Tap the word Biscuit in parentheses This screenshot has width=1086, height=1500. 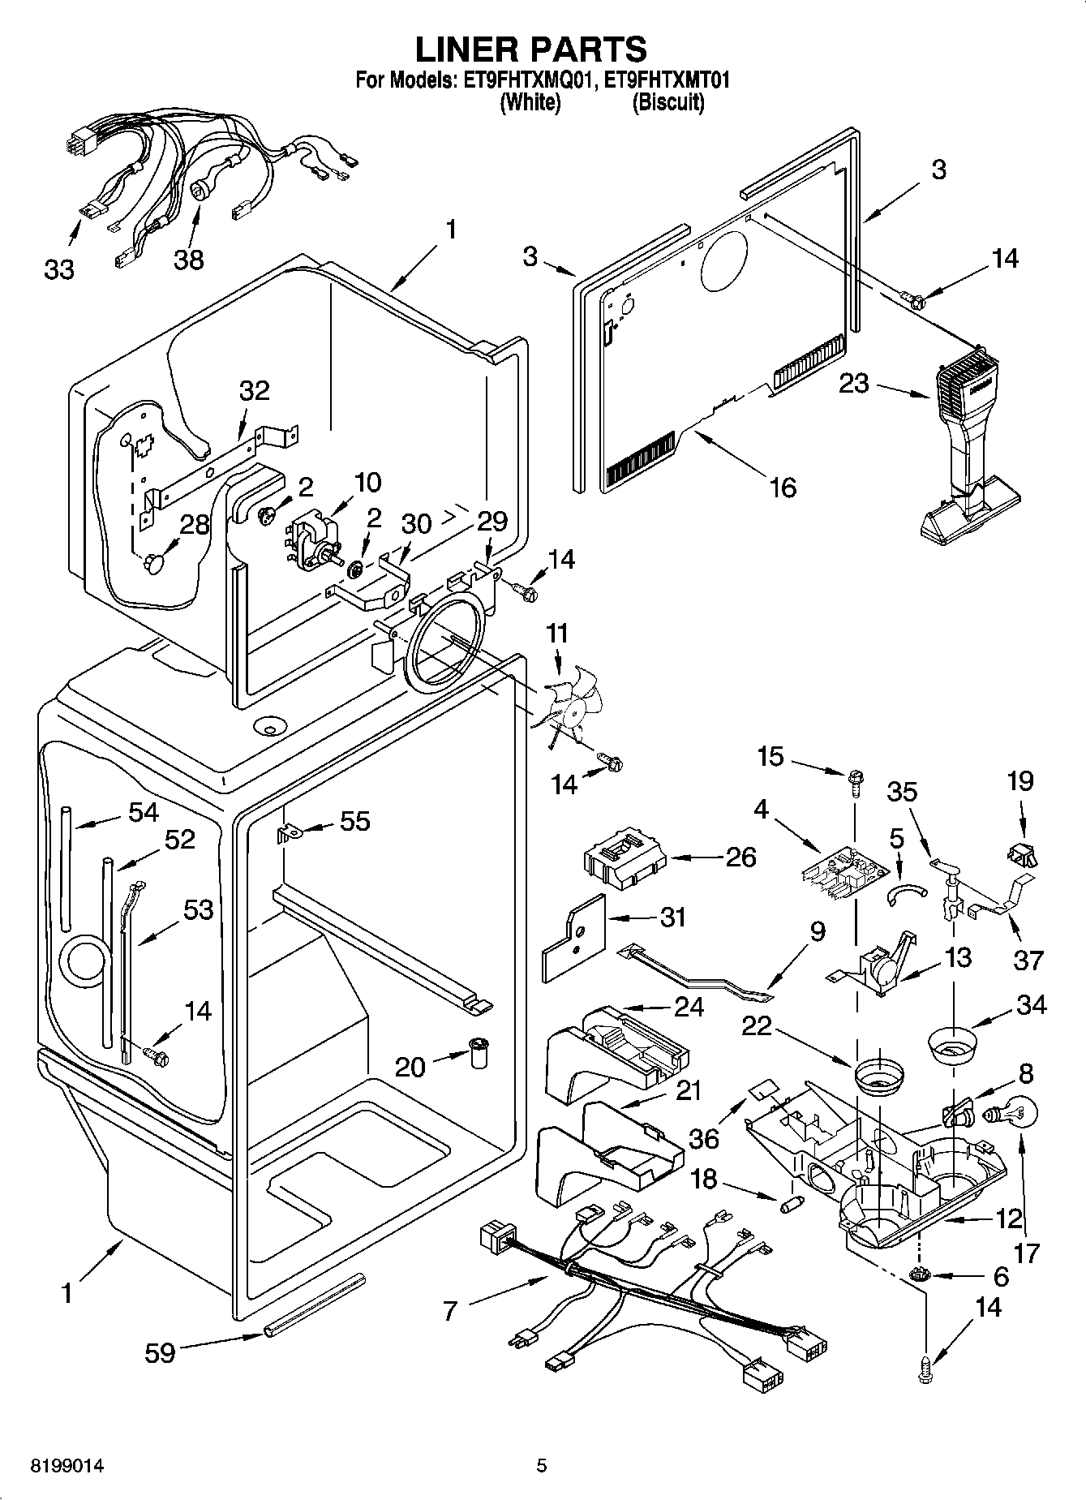(x=667, y=103)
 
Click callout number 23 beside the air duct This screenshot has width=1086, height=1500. (x=854, y=383)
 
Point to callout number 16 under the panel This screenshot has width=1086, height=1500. (x=782, y=487)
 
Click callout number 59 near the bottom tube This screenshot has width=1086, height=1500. (x=160, y=1352)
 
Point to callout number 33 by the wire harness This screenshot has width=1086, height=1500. (x=59, y=269)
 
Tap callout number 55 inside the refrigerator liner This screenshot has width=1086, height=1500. (x=354, y=821)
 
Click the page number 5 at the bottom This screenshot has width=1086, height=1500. (x=542, y=1466)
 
